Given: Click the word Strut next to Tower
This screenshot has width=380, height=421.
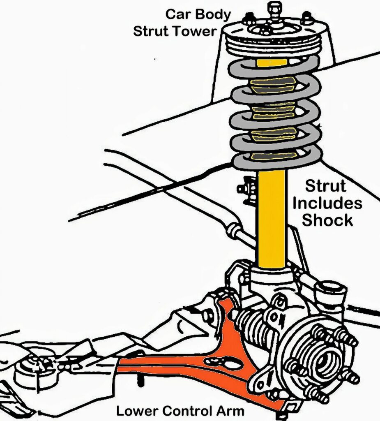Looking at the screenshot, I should (x=152, y=31).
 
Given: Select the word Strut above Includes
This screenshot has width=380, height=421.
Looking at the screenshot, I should (x=326, y=186).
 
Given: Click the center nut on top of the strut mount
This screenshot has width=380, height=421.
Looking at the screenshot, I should (x=274, y=8).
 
